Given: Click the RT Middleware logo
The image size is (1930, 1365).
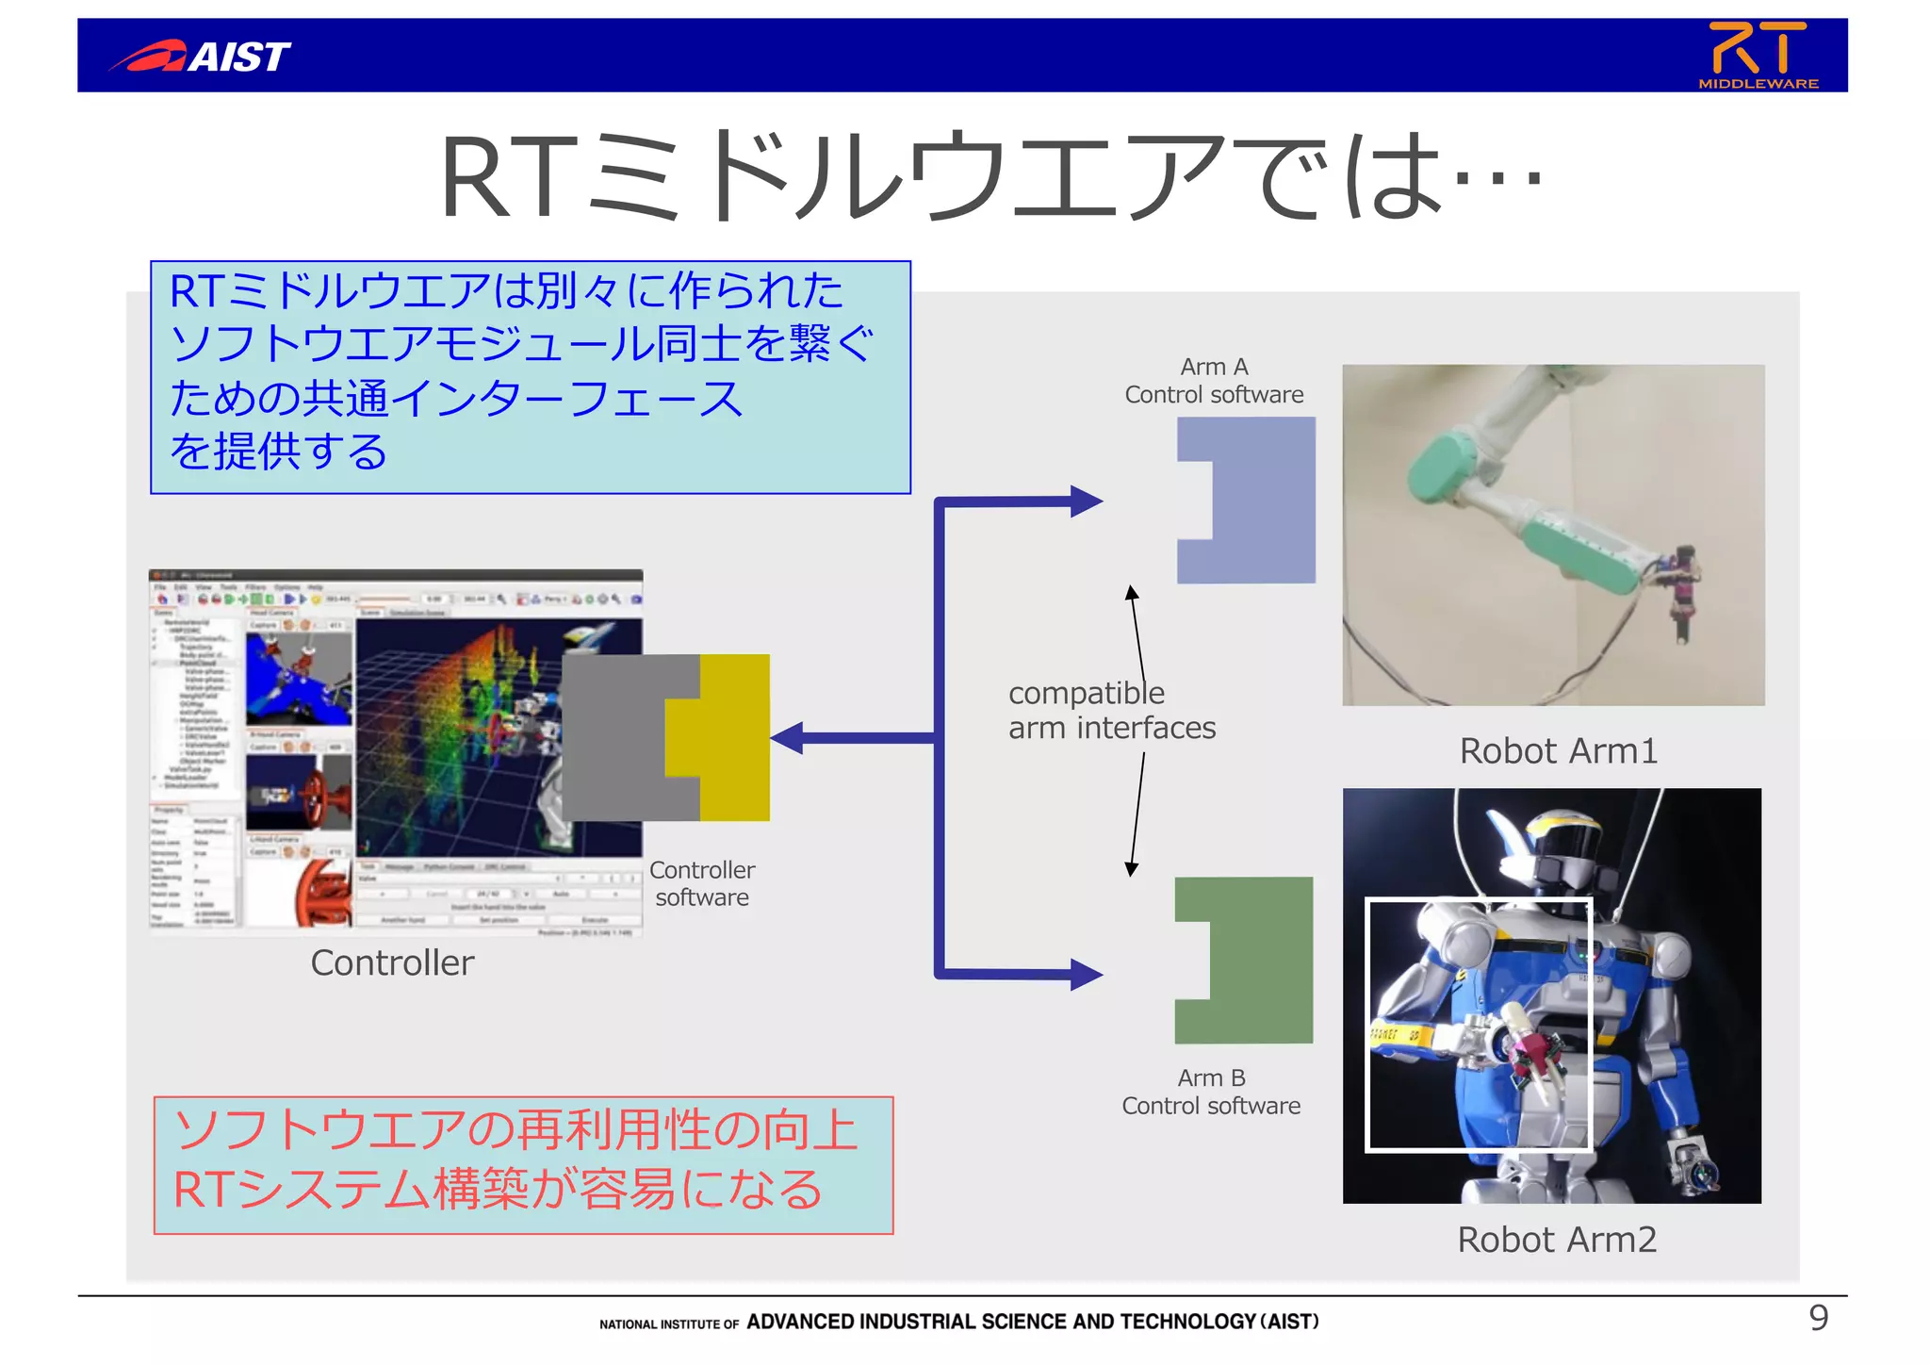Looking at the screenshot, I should (x=1758, y=55).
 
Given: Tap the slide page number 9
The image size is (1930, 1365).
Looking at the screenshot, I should (x=1818, y=1317).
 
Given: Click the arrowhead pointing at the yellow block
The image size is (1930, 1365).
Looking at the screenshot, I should (x=788, y=737).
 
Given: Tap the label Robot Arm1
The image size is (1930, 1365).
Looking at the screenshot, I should (x=1558, y=751).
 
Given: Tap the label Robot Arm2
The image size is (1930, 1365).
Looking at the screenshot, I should (x=1557, y=1240).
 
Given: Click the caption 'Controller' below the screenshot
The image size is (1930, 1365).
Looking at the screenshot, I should (x=392, y=962).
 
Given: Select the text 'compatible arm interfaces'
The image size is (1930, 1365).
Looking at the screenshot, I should (x=1111, y=710).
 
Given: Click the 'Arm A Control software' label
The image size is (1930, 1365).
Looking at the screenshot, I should (x=1214, y=381).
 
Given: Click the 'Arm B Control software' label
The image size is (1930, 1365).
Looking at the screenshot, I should (x=1211, y=1092).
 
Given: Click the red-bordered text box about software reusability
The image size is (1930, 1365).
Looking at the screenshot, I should (x=523, y=1165).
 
